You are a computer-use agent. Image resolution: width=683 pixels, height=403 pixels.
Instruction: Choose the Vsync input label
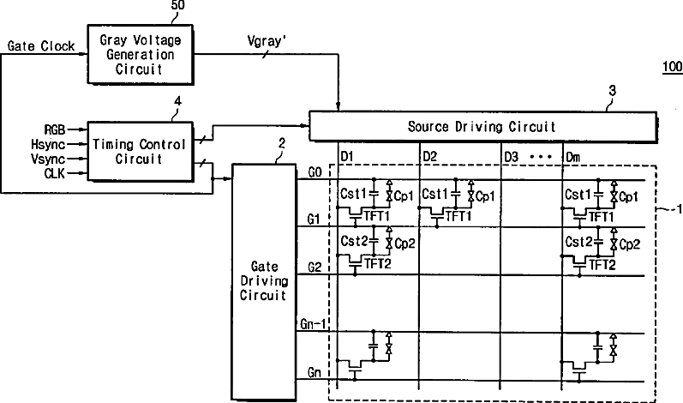click(48, 159)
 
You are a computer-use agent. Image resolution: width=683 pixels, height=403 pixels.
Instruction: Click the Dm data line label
click(573, 156)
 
